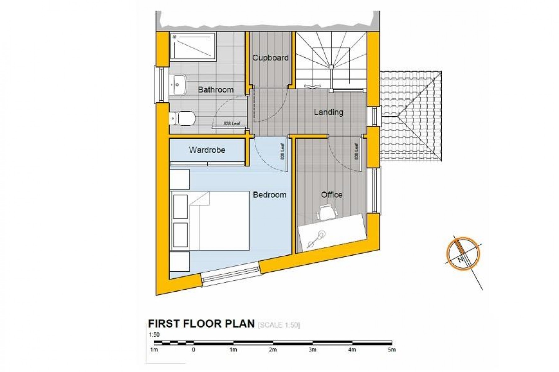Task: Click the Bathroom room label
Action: (216, 90)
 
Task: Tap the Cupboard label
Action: (270, 58)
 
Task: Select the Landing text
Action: (328, 112)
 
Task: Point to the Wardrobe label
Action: (207, 150)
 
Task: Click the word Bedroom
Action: (270, 195)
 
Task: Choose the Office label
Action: (332, 195)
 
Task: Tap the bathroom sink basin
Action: (178, 84)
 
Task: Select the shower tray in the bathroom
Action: (193, 46)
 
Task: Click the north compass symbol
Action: (463, 254)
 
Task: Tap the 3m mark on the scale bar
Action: (312, 350)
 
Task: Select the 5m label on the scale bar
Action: (392, 350)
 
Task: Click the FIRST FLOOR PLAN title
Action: (201, 324)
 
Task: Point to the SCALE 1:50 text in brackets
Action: (279, 325)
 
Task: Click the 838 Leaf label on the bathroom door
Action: (232, 124)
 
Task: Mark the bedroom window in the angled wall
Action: (230, 274)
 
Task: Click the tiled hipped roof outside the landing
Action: (410, 116)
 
